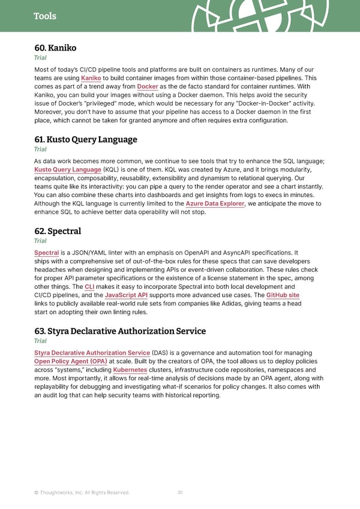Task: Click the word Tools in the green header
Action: click(45, 16)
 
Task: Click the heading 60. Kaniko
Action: click(55, 47)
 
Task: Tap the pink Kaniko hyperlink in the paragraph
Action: click(91, 79)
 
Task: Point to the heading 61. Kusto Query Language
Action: click(86, 139)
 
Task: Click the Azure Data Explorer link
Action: click(215, 203)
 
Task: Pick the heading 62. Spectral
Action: click(58, 231)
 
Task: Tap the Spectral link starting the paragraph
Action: click(46, 253)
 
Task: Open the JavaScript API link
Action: click(126, 295)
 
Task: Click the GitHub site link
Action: click(283, 295)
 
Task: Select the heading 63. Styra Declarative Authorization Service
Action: click(120, 331)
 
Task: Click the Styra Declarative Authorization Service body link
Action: click(92, 353)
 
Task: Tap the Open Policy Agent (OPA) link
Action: click(71, 361)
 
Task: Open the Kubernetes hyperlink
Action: click(130, 370)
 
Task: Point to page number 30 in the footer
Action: click(180, 492)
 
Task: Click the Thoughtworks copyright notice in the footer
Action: click(82, 493)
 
